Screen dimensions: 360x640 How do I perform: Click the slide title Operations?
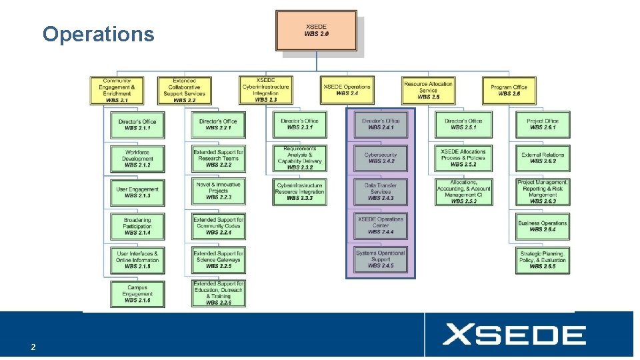pos(98,34)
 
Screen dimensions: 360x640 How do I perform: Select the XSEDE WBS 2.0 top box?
pos(316,31)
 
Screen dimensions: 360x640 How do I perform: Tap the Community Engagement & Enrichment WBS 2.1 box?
pos(117,91)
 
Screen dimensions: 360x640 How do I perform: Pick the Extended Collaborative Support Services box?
pos(184,91)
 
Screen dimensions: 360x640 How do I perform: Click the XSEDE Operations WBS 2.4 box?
pos(347,90)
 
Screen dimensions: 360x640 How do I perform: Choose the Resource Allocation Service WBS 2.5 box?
pos(429,91)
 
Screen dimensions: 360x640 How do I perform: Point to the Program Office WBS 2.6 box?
pos(509,91)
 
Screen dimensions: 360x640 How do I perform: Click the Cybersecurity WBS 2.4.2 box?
pos(381,158)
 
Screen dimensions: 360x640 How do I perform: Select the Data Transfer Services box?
pos(381,191)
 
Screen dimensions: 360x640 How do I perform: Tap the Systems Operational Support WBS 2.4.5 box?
pos(381,259)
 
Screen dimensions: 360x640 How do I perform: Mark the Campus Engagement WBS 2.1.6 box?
pos(137,294)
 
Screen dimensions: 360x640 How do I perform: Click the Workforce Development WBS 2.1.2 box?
pos(137,159)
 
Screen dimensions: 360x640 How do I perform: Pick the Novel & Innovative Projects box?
pos(219,191)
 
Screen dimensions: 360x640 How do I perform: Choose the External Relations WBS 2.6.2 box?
pos(543,158)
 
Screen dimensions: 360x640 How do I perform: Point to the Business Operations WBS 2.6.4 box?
pos(543,226)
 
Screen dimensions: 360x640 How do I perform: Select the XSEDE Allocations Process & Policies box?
pos(463,158)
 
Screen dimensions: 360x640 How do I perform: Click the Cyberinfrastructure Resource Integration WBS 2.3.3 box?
pos(300,191)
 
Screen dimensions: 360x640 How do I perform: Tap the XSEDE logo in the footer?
pos(514,335)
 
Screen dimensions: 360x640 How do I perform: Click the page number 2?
pos(33,347)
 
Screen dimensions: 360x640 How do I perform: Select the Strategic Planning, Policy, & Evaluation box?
pos(543,260)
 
